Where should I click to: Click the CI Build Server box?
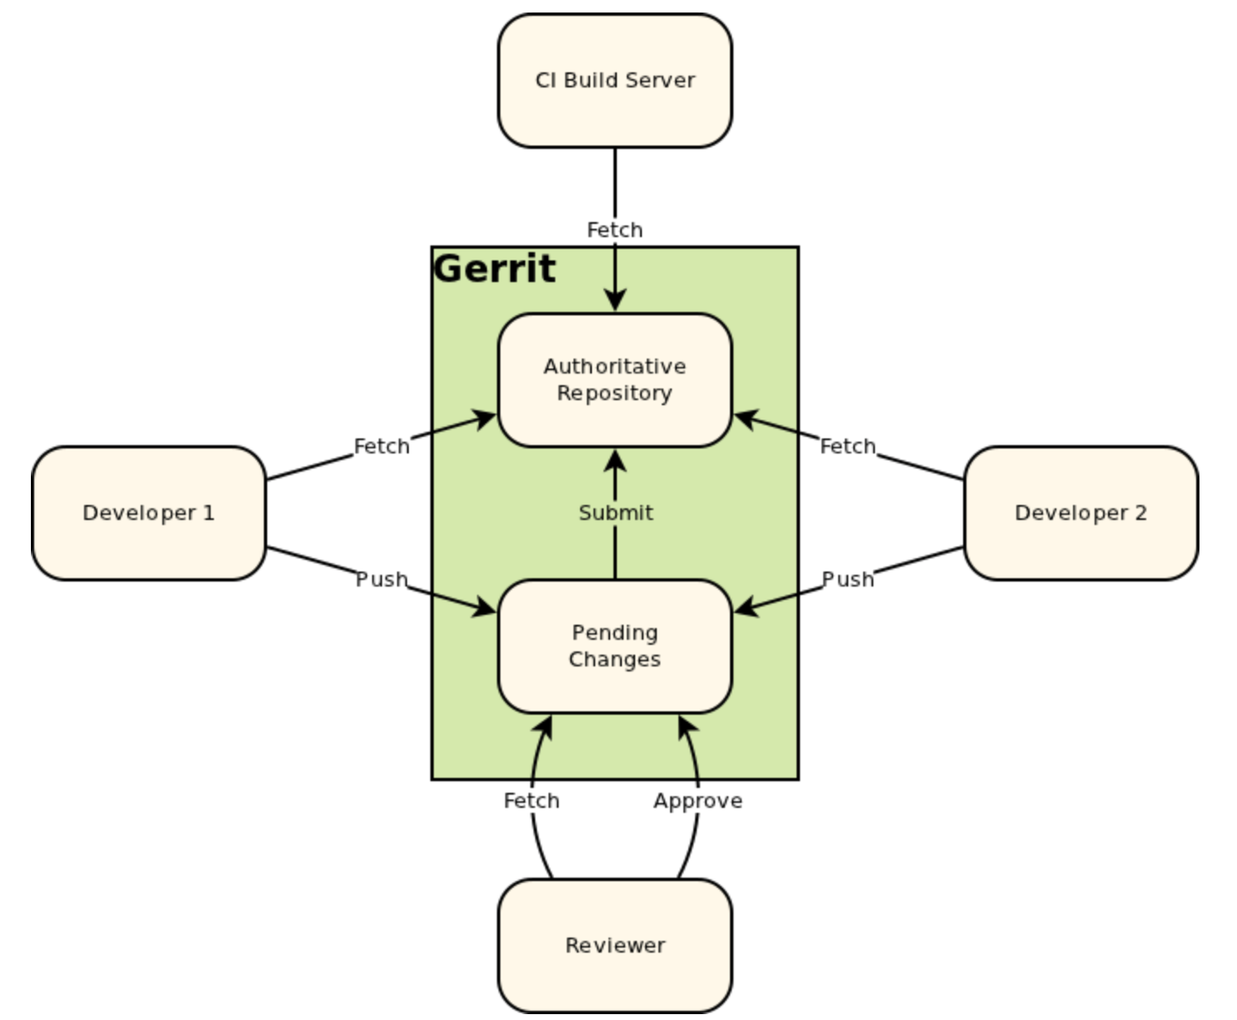click(x=615, y=81)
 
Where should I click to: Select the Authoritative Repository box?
click(x=615, y=379)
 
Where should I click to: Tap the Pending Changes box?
click(x=615, y=646)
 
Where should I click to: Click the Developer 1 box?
click(x=149, y=513)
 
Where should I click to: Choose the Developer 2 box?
click(x=1081, y=513)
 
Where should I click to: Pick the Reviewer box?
click(x=615, y=945)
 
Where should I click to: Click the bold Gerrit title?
click(x=495, y=269)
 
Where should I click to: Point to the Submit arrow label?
click(x=615, y=513)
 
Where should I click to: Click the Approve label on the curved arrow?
click(x=698, y=800)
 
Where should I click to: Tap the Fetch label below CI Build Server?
click(x=615, y=230)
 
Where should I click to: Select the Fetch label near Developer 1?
click(x=381, y=446)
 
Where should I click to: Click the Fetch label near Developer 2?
click(x=848, y=446)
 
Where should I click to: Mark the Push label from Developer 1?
click(x=381, y=580)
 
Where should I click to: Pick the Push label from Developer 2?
click(x=848, y=580)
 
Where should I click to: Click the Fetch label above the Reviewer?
click(x=532, y=800)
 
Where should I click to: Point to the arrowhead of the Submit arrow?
click(x=615, y=460)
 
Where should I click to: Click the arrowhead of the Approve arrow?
click(x=686, y=726)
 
